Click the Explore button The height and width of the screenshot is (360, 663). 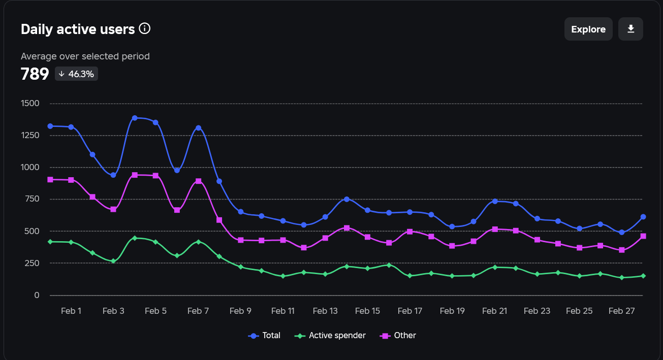pos(588,29)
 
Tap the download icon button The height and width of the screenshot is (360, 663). pos(631,29)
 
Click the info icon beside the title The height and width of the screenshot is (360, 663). pos(145,28)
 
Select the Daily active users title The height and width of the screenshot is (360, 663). pos(78,29)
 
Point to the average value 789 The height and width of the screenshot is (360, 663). pos(35,74)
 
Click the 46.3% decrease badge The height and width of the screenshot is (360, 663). pos(76,74)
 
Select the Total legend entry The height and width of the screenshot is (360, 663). pos(264,336)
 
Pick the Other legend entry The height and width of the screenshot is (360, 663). pos(399,336)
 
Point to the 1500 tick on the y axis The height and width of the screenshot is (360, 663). pos(30,104)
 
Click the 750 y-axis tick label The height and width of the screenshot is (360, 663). pos(32,199)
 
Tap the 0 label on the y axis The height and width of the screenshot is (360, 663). pos(36,295)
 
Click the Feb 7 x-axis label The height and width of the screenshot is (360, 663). pos(198,311)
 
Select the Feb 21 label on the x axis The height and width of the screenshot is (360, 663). pos(495,311)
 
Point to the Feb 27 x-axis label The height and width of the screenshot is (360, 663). pos(622,311)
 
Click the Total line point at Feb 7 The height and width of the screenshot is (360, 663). pos(198,128)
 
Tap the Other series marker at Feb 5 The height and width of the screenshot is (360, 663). pos(155,176)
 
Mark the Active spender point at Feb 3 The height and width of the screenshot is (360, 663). pos(113,261)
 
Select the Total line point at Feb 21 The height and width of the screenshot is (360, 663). pos(495,202)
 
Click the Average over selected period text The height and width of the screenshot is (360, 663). pos(85,56)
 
